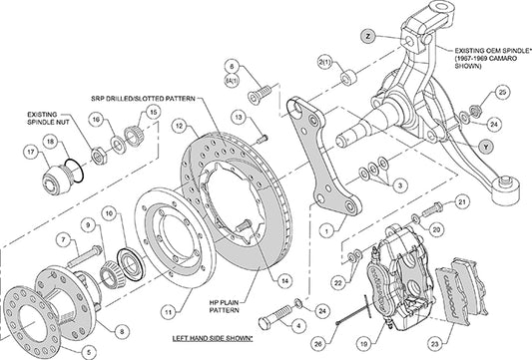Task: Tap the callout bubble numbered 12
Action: coord(179,127)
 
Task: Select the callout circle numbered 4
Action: coord(297,323)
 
